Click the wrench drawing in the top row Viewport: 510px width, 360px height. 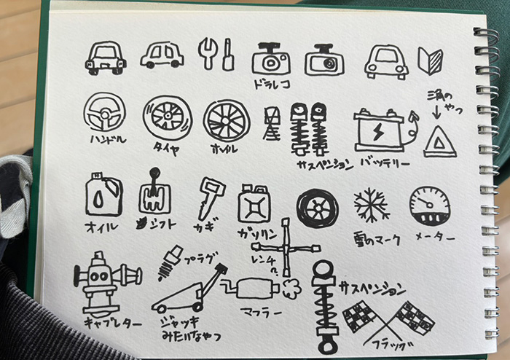(x=208, y=53)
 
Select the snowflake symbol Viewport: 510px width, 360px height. (x=372, y=205)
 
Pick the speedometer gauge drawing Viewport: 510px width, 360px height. (x=430, y=206)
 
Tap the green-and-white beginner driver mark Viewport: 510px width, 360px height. (x=428, y=60)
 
